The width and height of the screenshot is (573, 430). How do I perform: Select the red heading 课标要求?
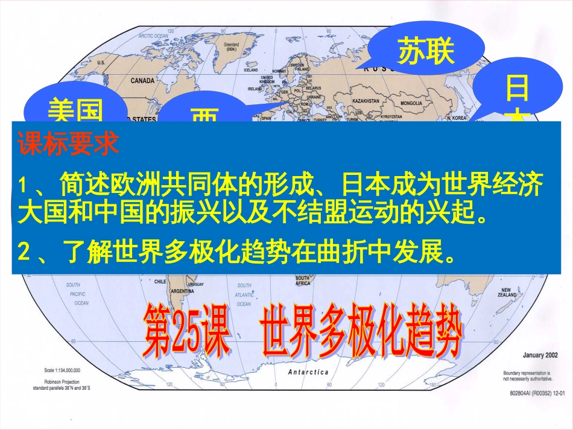[x=69, y=145]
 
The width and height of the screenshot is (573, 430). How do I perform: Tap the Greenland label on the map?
[x=231, y=46]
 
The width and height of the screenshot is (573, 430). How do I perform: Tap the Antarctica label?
[x=308, y=372]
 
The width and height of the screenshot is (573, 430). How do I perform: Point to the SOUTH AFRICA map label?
[x=302, y=280]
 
